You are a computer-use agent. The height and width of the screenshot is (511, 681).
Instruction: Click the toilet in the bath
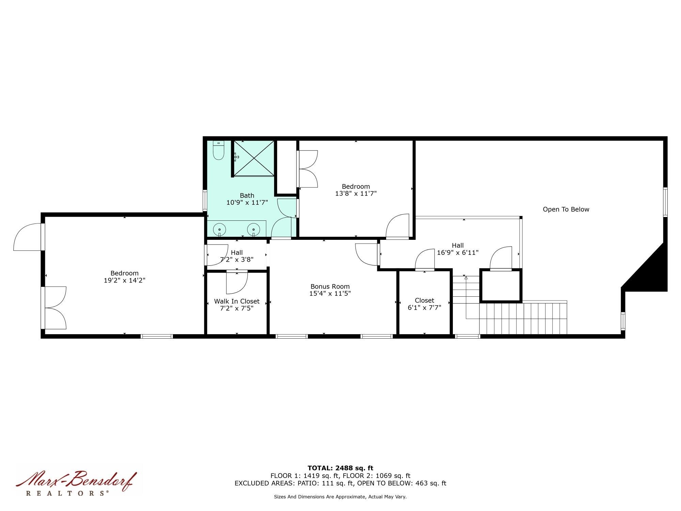218,151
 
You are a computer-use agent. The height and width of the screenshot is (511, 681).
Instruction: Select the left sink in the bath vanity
220,229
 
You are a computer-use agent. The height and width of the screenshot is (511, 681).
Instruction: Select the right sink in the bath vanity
254,229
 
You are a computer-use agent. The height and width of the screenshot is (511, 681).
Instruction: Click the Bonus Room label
330,287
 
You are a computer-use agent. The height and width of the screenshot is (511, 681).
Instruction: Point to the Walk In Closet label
237,301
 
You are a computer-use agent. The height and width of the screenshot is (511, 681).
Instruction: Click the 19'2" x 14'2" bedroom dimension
125,280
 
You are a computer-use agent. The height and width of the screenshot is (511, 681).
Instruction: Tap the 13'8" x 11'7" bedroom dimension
356,193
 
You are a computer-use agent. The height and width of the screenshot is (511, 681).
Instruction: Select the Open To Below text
566,210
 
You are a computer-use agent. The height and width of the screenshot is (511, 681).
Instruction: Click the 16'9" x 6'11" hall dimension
458,253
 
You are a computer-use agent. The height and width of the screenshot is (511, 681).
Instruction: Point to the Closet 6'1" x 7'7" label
424,304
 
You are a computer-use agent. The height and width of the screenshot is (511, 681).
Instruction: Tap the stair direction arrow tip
466,278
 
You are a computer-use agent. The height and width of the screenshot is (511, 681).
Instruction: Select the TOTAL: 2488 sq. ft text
340,468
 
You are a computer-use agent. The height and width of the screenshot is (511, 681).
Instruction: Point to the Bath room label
247,196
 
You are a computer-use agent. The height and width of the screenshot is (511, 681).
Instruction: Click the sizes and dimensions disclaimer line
340,497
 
